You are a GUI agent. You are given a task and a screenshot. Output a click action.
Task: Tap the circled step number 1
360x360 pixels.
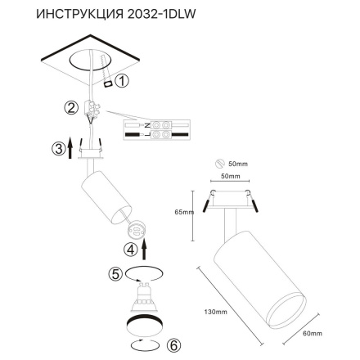tap(121, 81)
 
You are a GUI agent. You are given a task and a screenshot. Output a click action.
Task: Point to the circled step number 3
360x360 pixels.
tap(57, 148)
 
